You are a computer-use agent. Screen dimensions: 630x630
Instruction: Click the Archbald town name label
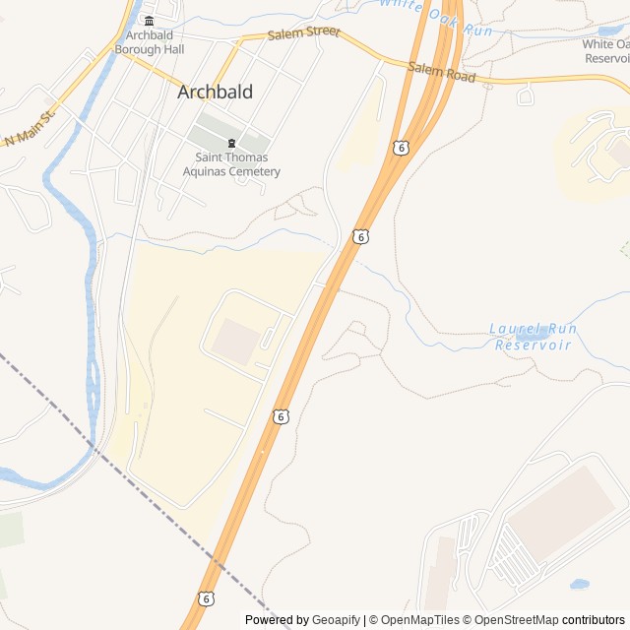point(215,93)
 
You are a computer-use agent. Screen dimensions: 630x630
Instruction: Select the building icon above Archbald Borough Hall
point(150,22)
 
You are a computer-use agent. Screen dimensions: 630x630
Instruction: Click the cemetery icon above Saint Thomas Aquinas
point(231,143)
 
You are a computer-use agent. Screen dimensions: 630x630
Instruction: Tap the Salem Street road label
point(304,33)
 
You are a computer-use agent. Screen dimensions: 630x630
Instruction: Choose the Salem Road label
point(442,72)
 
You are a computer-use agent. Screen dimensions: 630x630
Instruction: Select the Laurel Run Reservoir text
point(534,337)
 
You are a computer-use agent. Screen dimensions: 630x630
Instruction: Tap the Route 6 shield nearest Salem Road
point(400,148)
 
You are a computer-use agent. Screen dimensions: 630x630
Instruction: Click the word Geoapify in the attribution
point(336,620)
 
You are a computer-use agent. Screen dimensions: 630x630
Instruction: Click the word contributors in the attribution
point(594,620)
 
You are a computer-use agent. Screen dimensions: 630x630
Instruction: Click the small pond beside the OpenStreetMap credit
point(579,584)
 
